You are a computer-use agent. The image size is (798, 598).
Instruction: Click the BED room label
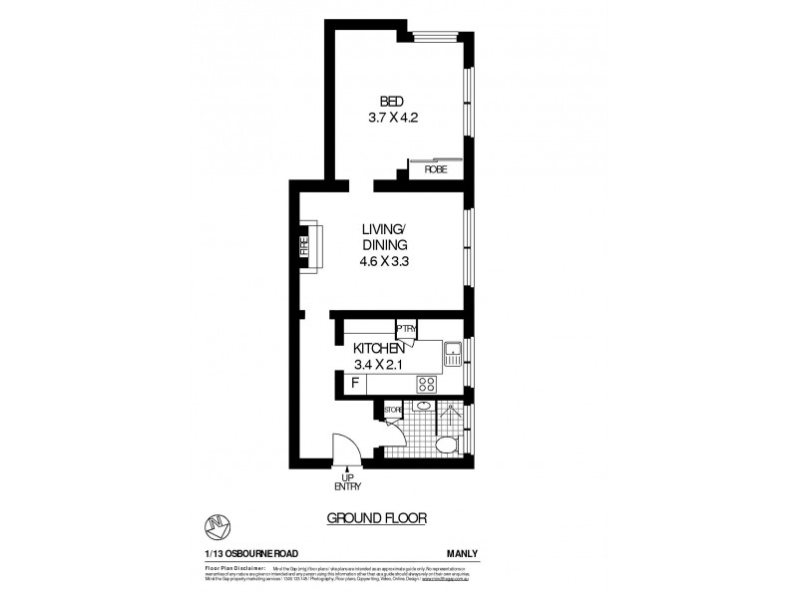391,101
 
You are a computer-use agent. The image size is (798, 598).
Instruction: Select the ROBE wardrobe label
435,169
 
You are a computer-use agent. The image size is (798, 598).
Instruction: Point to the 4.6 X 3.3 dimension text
385,262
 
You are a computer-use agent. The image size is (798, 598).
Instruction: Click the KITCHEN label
378,349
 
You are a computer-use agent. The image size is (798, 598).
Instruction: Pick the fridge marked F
353,383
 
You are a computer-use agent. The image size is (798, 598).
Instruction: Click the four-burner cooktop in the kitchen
428,383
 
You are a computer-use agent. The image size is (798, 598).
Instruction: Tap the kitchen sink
453,349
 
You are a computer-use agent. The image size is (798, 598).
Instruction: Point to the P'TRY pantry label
406,328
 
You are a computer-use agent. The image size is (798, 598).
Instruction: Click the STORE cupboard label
393,408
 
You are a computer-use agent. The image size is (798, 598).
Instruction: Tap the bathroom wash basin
423,407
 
